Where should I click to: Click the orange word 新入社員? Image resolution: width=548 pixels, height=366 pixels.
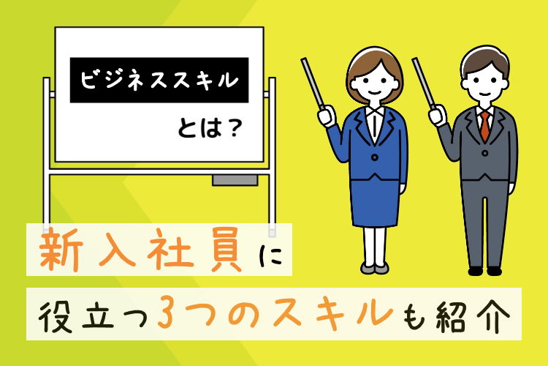coord(144,250)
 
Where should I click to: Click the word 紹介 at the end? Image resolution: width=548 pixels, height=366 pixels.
coord(485,315)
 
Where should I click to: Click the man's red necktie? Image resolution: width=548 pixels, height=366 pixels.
coord(484,127)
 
